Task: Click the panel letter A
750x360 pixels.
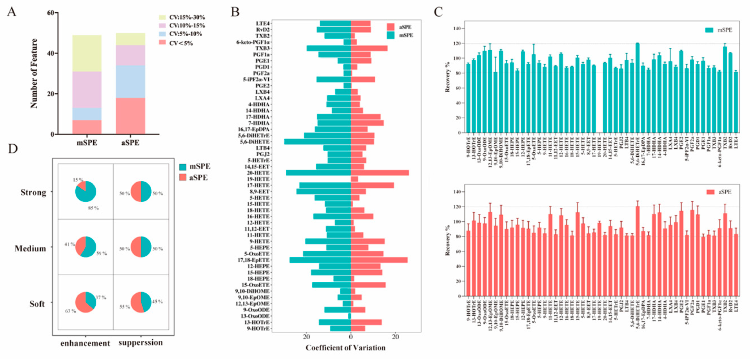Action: pos(12,12)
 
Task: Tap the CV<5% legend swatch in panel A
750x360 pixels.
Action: pos(162,42)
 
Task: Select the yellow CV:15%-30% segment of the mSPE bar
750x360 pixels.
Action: pos(87,53)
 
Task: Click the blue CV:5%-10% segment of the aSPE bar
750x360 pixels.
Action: pos(130,81)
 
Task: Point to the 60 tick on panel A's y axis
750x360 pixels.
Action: pos(51,13)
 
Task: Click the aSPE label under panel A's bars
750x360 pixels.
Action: pos(130,143)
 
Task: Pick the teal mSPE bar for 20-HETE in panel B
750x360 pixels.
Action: pos(318,173)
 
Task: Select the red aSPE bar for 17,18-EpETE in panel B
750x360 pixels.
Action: pos(379,260)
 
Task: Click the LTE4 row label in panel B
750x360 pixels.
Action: pos(263,24)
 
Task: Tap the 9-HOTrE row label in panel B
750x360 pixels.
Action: pos(258,329)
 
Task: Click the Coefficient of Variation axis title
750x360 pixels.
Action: pos(345,348)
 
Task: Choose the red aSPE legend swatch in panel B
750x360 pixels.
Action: pos(391,27)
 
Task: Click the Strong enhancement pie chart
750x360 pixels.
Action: pos(86,191)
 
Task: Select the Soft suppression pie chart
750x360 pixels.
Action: pos(141,302)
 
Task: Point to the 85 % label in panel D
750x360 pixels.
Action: pos(93,208)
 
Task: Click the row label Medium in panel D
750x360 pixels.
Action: pos(30,248)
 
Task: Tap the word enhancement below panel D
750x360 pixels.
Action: pos(85,343)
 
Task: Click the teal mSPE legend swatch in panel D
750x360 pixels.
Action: pos(183,167)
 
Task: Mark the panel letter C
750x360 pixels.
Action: pos(438,12)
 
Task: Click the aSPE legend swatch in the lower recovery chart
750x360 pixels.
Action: pos(710,192)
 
